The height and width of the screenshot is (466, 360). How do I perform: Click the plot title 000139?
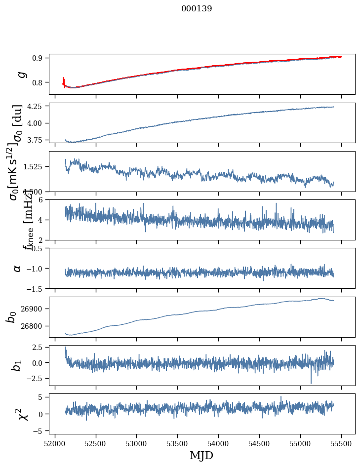(197, 8)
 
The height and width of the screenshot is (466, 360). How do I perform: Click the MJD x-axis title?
(201, 455)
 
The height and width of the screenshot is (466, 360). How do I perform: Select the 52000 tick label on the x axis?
(55, 443)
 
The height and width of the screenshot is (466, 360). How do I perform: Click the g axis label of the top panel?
(21, 74)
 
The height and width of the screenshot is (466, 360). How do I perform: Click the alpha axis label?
(18, 268)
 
